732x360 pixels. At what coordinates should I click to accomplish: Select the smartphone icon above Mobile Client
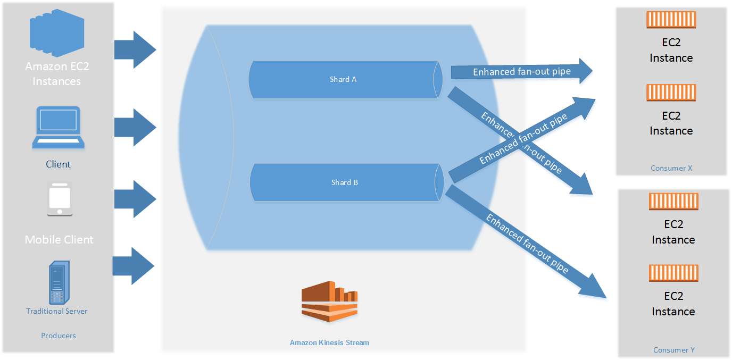tap(60, 199)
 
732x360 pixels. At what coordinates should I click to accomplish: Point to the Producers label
tap(59, 336)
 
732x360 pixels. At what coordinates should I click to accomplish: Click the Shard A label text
tap(343, 79)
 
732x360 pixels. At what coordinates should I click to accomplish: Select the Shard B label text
tap(344, 182)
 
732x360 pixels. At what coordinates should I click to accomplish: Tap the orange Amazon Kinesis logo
tap(329, 302)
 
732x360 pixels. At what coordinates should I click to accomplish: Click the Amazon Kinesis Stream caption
tap(329, 342)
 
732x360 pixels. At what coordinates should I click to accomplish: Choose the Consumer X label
tap(671, 168)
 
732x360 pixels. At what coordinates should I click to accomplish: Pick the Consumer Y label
tap(674, 350)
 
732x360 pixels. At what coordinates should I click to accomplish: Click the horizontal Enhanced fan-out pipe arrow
tap(521, 72)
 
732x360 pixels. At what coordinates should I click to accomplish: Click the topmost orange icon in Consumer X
tap(671, 20)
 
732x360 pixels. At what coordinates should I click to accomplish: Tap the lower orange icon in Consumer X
tap(671, 93)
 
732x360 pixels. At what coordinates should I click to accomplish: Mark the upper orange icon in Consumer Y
tap(673, 202)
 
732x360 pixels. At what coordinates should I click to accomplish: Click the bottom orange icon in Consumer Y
tap(673, 273)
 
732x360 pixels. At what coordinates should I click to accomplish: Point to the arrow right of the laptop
tap(135, 128)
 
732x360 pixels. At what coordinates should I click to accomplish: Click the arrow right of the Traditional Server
tap(133, 265)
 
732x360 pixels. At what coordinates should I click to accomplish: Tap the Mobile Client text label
tap(59, 240)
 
